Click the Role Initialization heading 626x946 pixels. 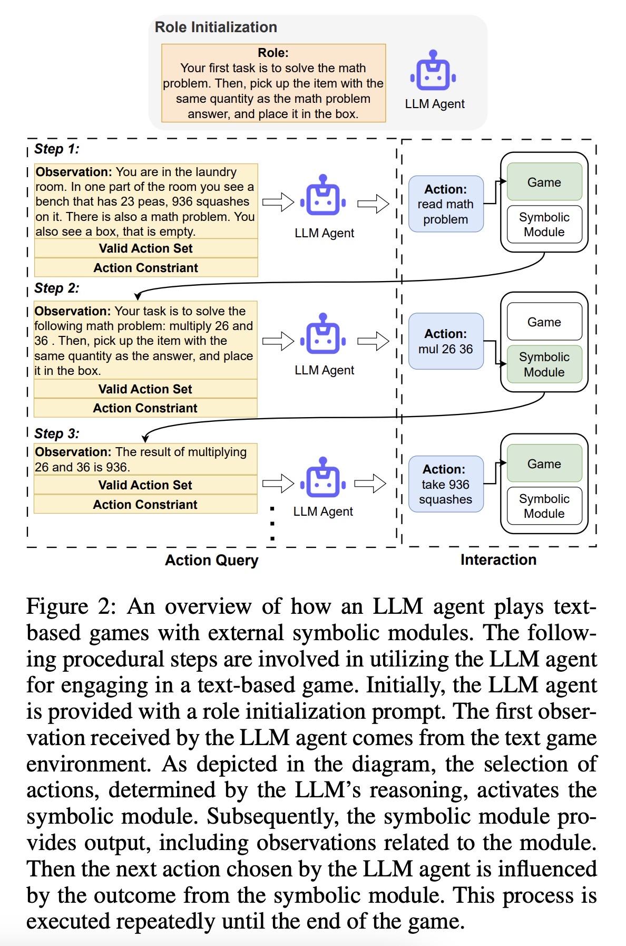tap(216, 27)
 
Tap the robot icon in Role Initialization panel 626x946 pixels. tap(433, 71)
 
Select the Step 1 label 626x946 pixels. tap(56, 149)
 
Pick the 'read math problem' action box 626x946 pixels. tap(445, 204)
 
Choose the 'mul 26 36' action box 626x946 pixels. tap(445, 341)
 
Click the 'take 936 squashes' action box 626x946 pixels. tap(445, 484)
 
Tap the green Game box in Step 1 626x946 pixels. tap(544, 182)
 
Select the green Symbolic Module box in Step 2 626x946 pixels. tap(544, 364)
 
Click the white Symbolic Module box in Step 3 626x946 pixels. tap(544, 506)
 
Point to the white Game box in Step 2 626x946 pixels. tap(544, 322)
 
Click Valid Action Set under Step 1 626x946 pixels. tap(145, 248)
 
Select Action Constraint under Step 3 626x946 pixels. tap(145, 505)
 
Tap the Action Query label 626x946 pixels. tap(211, 560)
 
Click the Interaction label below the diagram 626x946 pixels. tap(498, 559)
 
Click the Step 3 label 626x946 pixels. tap(56, 433)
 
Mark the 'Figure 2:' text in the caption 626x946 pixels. tap(71, 606)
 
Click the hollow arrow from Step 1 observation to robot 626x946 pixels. tap(278, 202)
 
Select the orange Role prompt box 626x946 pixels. tap(273, 83)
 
